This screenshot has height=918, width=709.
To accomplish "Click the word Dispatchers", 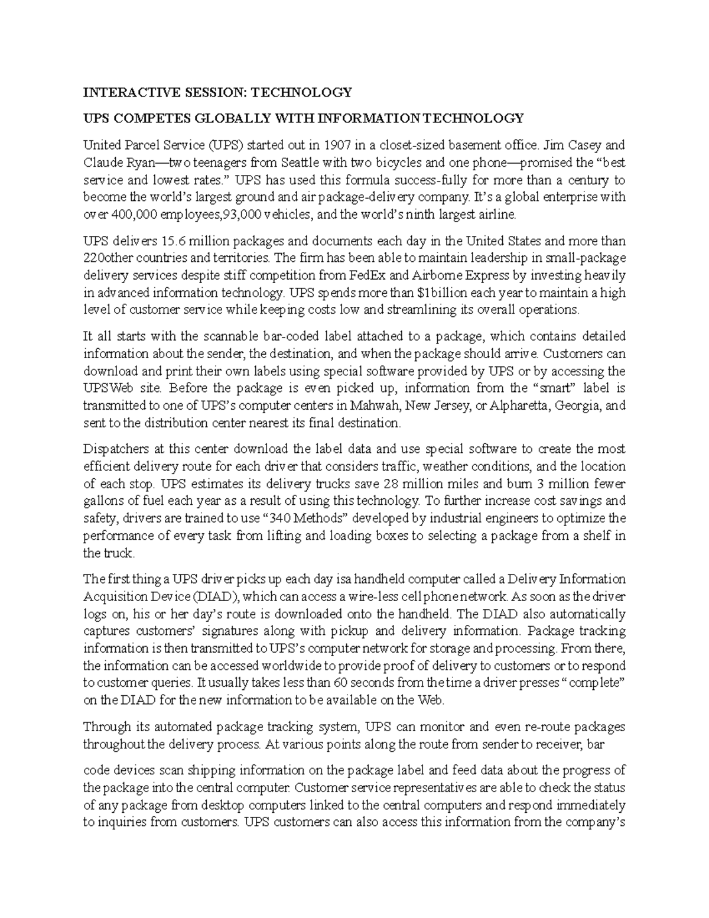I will (114, 449).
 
